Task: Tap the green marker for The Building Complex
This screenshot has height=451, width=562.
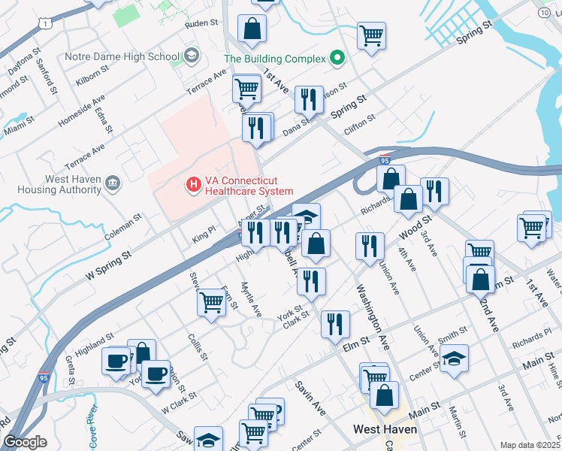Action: pos(337,59)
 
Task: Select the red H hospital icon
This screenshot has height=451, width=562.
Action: pos(193,183)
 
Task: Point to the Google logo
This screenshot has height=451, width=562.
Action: pos(25,442)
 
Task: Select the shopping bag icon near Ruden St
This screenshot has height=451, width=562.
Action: pos(252,29)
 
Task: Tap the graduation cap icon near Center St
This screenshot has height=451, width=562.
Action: pos(454,359)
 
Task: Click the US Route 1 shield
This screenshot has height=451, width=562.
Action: pos(47,24)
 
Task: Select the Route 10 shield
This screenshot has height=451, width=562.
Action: pos(544,13)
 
